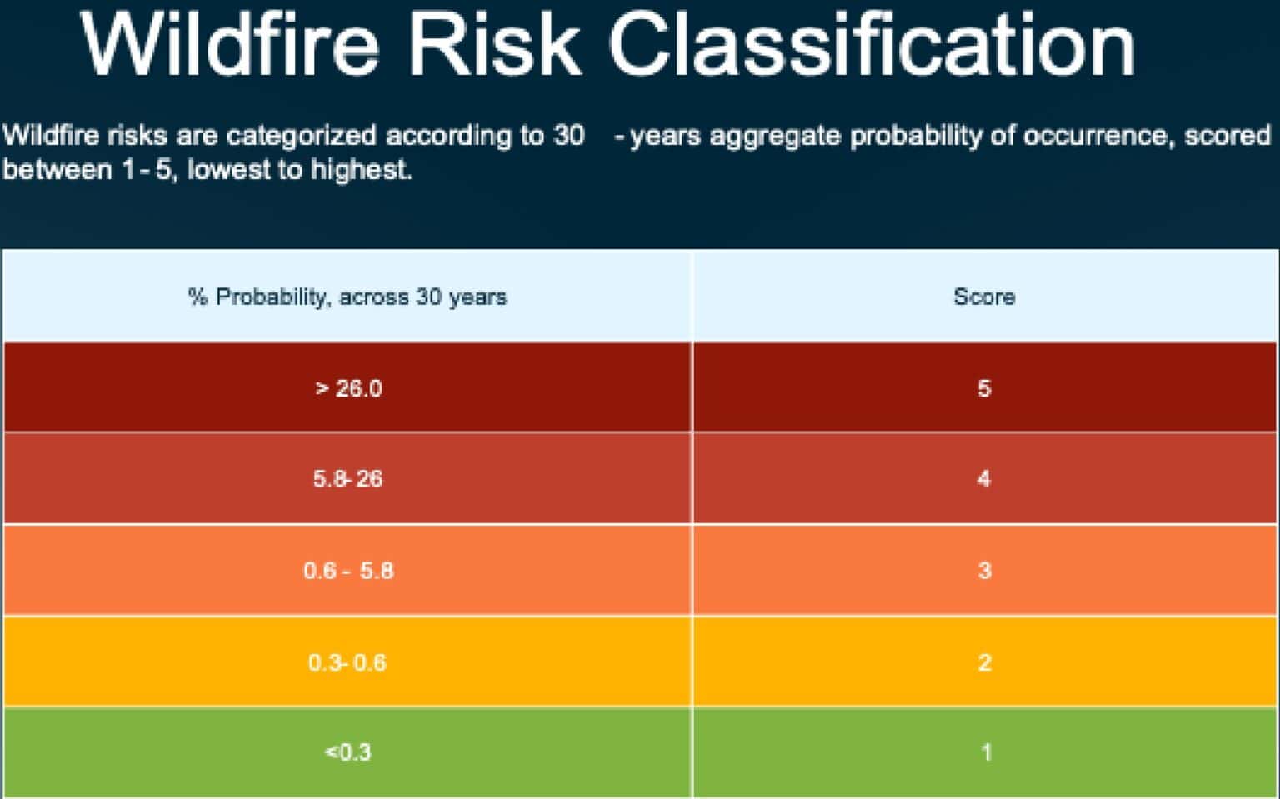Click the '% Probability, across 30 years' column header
point(347,297)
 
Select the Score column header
point(984,297)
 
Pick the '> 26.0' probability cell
point(348,388)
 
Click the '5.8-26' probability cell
point(347,479)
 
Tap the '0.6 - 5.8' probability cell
point(348,571)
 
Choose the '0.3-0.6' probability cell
point(347,662)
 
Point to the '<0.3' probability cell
point(347,752)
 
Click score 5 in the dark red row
point(984,388)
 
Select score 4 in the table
point(984,479)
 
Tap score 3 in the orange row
point(984,571)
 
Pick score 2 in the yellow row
point(984,662)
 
